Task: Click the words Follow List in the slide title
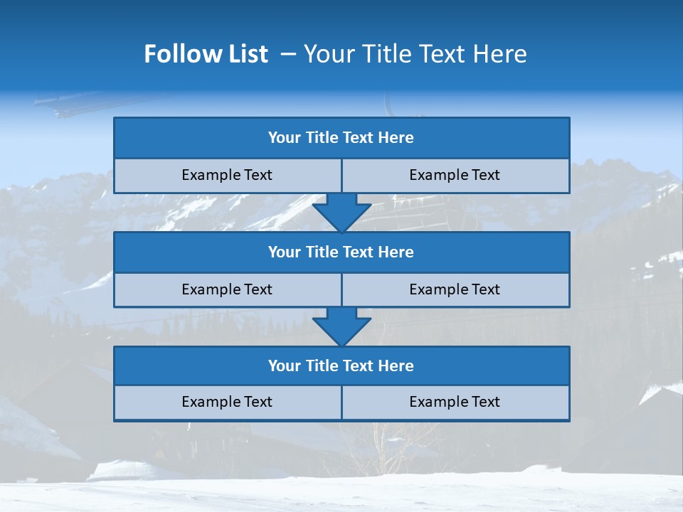pos(206,54)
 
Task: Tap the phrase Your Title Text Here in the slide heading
pos(415,54)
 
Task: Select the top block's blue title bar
pos(341,138)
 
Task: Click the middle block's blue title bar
pos(341,252)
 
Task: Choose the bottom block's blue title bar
pos(341,366)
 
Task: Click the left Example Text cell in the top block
pos(227,175)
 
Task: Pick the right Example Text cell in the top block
pos(455,175)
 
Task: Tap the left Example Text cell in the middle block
pos(227,289)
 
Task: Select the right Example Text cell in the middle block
pos(455,289)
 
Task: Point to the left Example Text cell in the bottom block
pos(227,402)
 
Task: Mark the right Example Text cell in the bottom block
pos(455,402)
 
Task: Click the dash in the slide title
pos(288,54)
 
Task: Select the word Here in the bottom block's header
pos(396,366)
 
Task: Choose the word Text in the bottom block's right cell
pos(485,402)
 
